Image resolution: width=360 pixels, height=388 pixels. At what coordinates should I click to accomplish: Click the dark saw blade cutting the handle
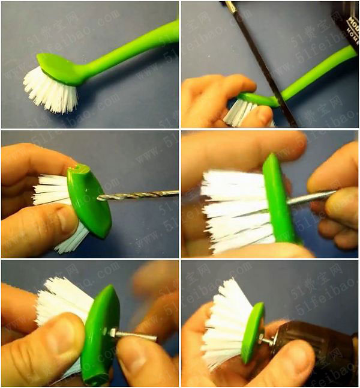(x=264, y=66)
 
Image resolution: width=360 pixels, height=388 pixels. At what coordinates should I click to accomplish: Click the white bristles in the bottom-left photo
(x=60, y=300)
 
